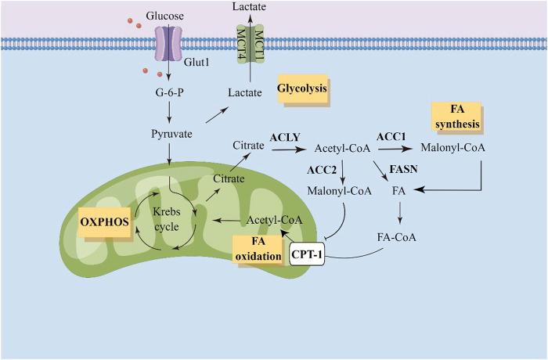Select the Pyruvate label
[x=171, y=133]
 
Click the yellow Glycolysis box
[x=301, y=91]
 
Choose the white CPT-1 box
[x=307, y=254]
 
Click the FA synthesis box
[x=455, y=117]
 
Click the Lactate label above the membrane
[x=251, y=6]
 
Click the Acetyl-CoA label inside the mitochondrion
[x=270, y=221]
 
